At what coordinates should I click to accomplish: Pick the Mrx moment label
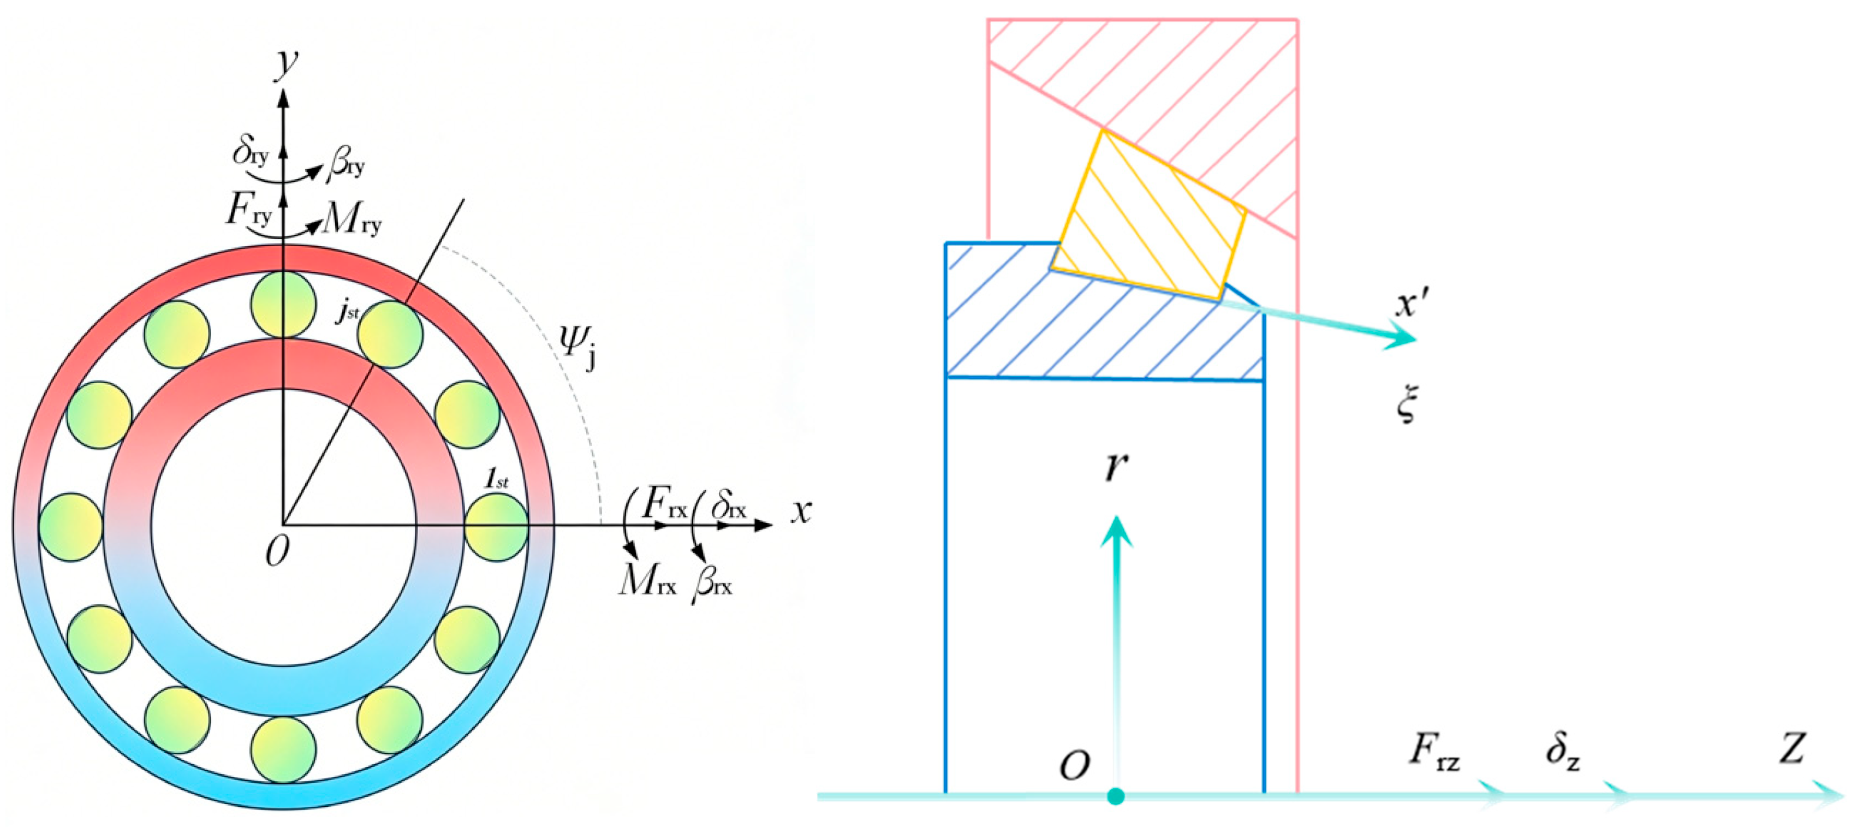[647, 580]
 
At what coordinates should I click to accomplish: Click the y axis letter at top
[287, 63]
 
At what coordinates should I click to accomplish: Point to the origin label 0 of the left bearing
[278, 552]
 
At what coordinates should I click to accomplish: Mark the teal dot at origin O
[1116, 796]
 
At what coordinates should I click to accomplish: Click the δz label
[1562, 753]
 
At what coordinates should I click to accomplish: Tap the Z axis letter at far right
[1793, 748]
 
